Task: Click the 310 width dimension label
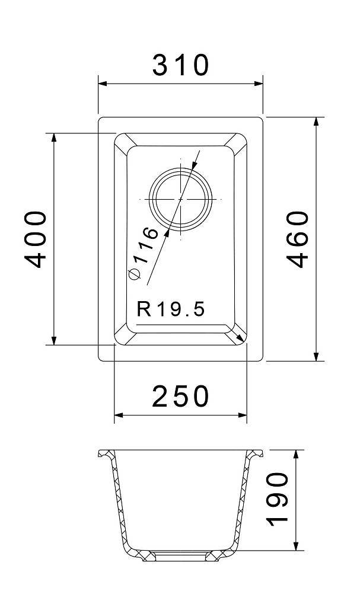[180, 65]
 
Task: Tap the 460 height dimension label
[298, 239]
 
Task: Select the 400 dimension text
[35, 239]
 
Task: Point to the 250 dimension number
[180, 396]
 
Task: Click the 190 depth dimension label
[278, 499]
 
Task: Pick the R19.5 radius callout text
[170, 309]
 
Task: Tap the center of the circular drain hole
[180, 199]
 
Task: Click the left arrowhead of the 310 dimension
[103, 83]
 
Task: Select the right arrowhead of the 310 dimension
[259, 83]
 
